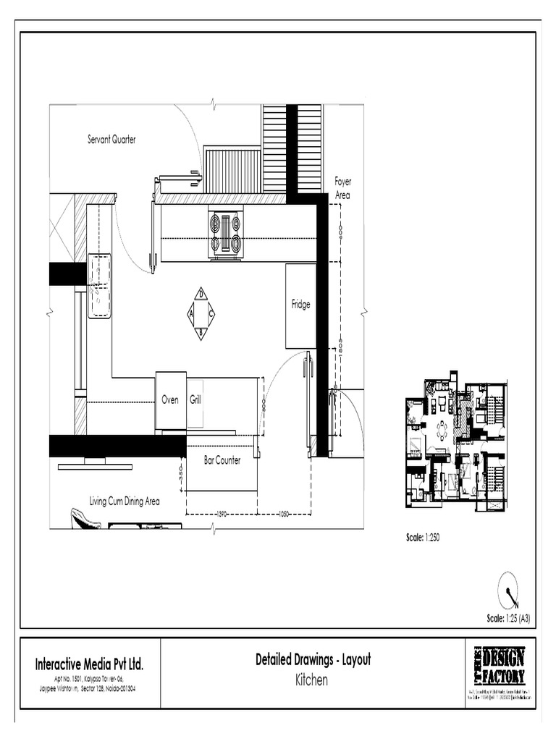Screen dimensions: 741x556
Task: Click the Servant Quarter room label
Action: [x=111, y=140]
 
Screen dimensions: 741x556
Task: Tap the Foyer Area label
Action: [x=342, y=188]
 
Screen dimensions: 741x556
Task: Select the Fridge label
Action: [x=300, y=305]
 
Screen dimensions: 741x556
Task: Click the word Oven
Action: [x=170, y=399]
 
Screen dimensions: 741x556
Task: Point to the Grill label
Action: [x=195, y=399]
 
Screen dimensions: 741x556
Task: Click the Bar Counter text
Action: [x=222, y=460]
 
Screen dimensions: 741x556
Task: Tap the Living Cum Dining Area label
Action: [x=125, y=501]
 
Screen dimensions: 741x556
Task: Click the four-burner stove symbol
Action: [x=226, y=232]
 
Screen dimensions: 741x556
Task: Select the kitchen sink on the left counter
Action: [x=99, y=285]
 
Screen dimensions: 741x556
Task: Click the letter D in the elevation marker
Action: [x=201, y=294]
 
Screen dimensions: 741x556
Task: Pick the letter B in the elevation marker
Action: [x=201, y=333]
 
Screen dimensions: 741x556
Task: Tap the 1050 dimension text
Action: [x=284, y=514]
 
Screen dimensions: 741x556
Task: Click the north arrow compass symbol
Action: [x=508, y=590]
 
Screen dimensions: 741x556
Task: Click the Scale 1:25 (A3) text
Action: [x=513, y=619]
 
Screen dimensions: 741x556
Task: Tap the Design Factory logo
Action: [x=500, y=666]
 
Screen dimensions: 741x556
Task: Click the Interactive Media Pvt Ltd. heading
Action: [x=90, y=664]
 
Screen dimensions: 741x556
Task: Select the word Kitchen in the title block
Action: [x=312, y=680]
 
